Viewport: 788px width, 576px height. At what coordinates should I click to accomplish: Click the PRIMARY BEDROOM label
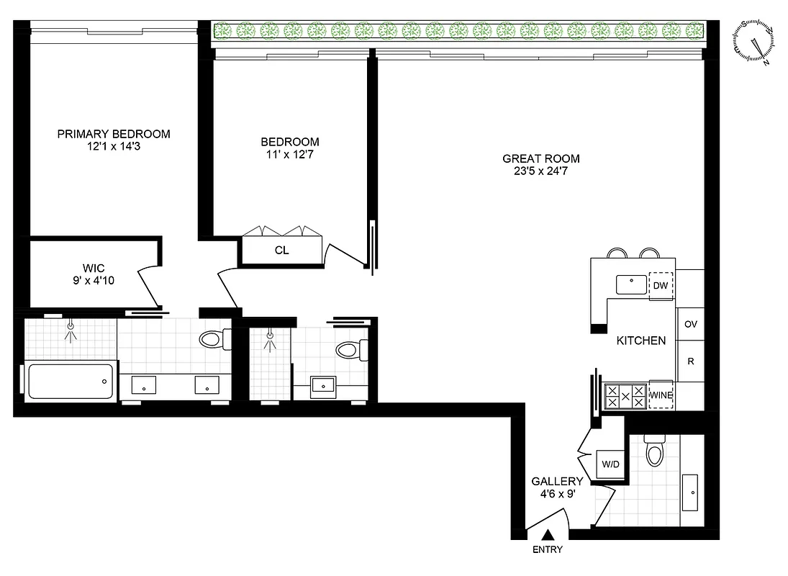[x=114, y=134]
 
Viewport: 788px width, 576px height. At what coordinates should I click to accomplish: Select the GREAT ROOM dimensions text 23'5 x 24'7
[x=540, y=171]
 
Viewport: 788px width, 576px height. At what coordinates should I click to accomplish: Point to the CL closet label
[x=281, y=251]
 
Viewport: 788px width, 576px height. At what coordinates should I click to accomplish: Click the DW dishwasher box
[x=661, y=285]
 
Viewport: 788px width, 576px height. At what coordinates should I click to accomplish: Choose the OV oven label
[x=690, y=324]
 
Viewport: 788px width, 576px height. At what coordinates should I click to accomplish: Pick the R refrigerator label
[x=690, y=361]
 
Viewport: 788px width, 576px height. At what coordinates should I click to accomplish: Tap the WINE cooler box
[x=661, y=395]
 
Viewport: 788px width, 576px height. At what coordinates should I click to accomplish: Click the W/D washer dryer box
[x=611, y=464]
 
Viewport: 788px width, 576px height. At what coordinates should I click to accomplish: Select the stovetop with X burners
[x=625, y=396]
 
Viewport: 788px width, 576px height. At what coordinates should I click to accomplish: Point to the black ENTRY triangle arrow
[x=548, y=534]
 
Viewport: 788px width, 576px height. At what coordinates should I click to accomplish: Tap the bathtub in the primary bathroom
[x=71, y=382]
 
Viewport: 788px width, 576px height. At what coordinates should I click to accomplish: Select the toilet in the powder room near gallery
[x=654, y=453]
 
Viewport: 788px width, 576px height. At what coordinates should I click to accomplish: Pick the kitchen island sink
[x=631, y=284]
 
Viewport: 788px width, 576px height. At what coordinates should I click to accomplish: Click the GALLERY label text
[x=556, y=481]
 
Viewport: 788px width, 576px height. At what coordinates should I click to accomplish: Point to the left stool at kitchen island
[x=617, y=253]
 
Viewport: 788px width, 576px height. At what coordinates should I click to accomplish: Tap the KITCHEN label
[x=641, y=341]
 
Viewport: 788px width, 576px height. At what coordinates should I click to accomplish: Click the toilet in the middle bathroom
[x=348, y=351]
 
